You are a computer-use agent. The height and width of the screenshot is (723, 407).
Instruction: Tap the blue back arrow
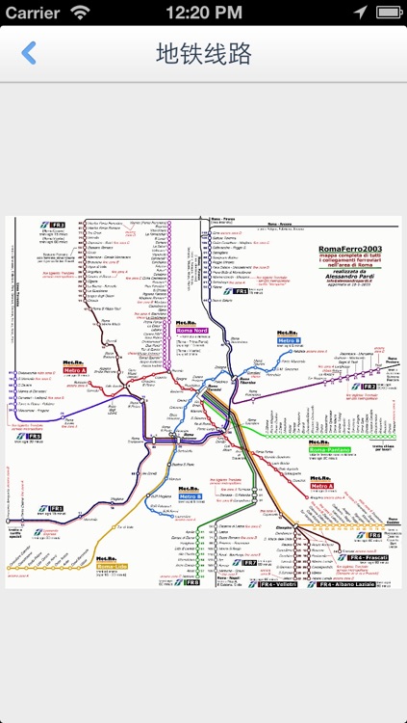click(29, 53)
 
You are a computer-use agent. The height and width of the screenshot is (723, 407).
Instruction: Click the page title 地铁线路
click(203, 53)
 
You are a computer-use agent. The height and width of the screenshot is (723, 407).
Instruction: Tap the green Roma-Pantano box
click(329, 449)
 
